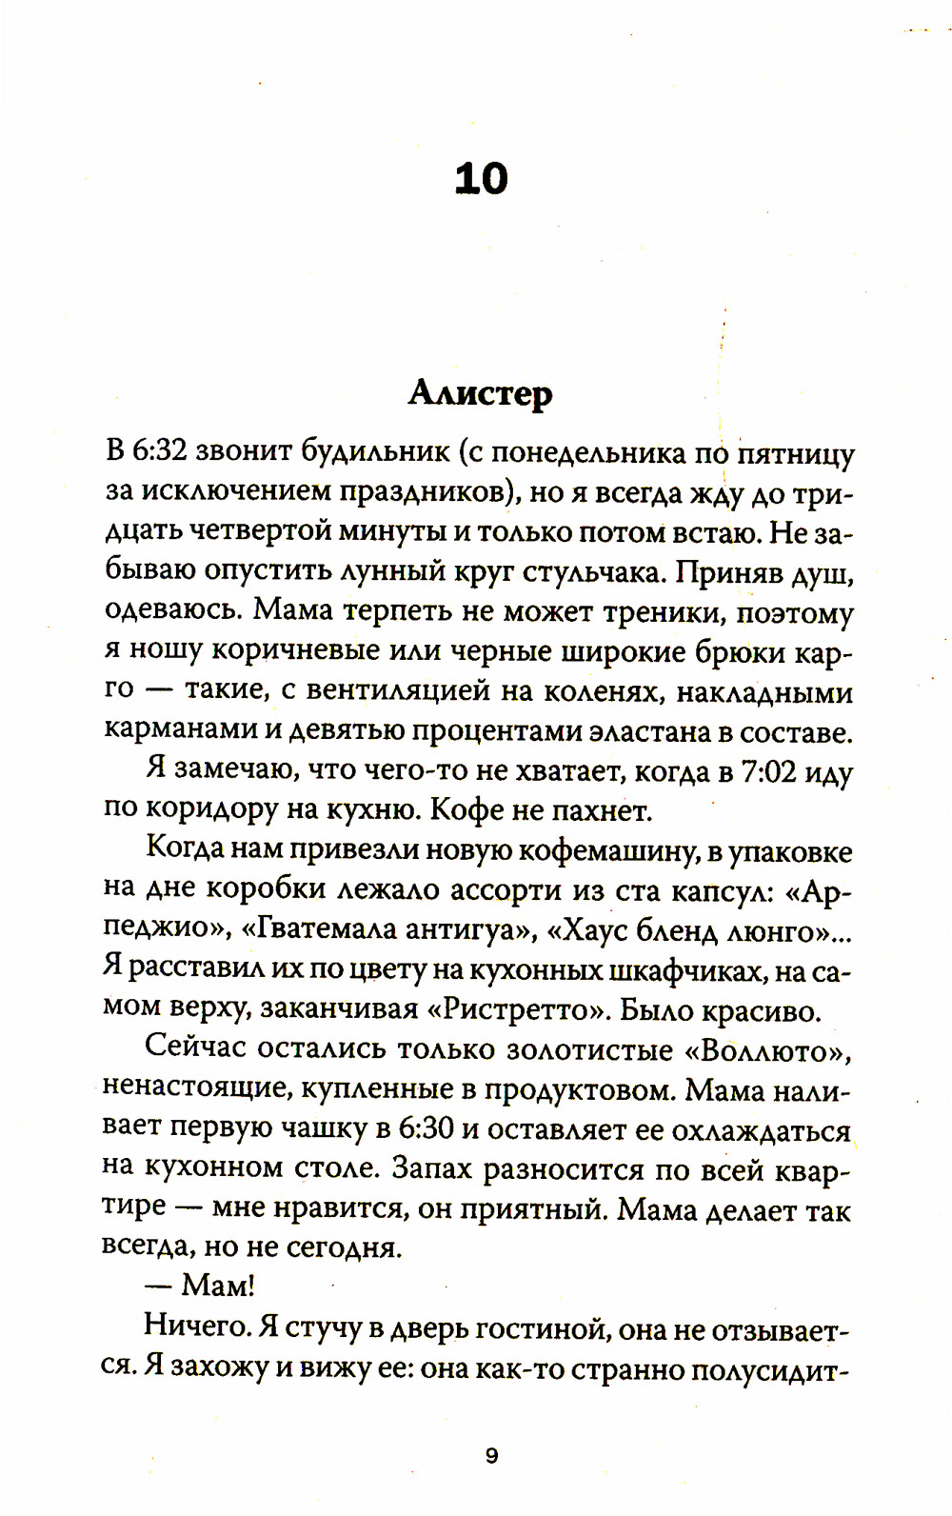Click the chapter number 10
coord(481,179)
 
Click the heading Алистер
coord(480,392)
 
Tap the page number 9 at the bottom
coord(491,1456)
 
